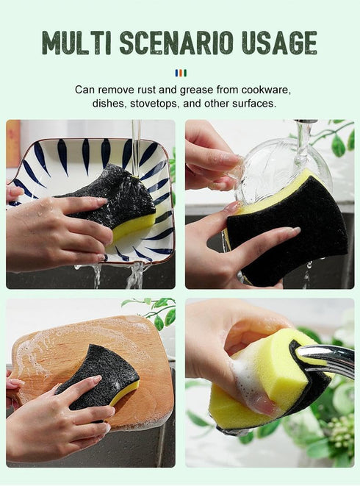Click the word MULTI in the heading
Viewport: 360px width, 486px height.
coord(77,43)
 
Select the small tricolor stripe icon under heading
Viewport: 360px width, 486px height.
coord(180,72)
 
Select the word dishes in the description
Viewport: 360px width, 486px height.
coord(109,104)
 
